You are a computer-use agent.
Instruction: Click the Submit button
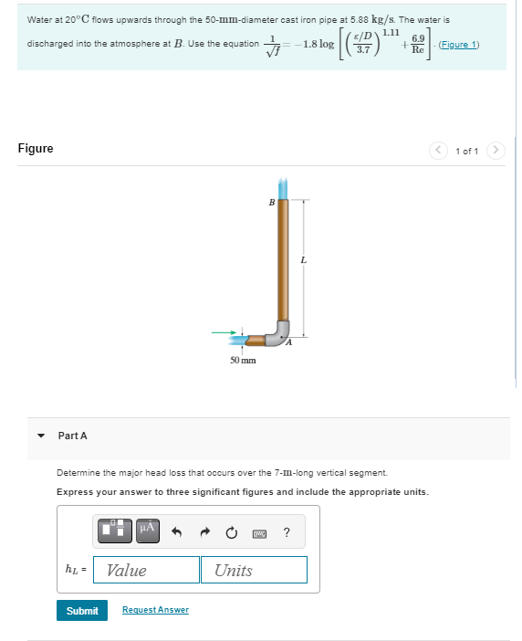pos(82,610)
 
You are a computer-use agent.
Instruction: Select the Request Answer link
pos(155,610)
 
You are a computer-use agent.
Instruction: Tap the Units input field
pos(254,570)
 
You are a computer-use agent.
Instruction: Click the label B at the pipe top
pos(271,203)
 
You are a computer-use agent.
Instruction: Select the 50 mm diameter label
pos(242,361)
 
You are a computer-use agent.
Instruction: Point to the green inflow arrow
pos(226,332)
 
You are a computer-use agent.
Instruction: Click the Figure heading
pos(36,148)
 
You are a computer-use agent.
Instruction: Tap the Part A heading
pos(73,436)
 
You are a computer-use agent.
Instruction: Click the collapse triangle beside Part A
pos(41,436)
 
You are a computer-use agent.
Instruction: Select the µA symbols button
pos(149,529)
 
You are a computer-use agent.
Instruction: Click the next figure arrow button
pos(495,151)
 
